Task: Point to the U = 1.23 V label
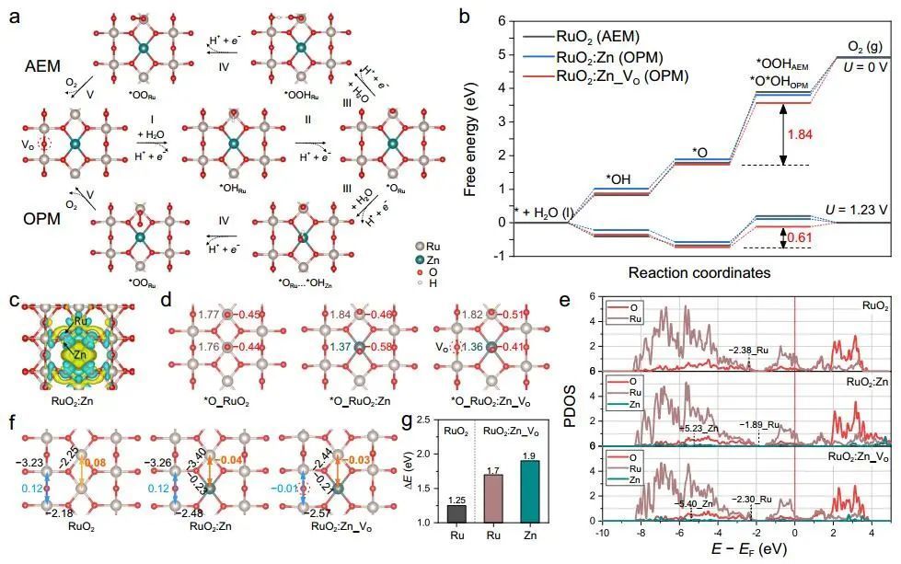click(856, 211)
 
